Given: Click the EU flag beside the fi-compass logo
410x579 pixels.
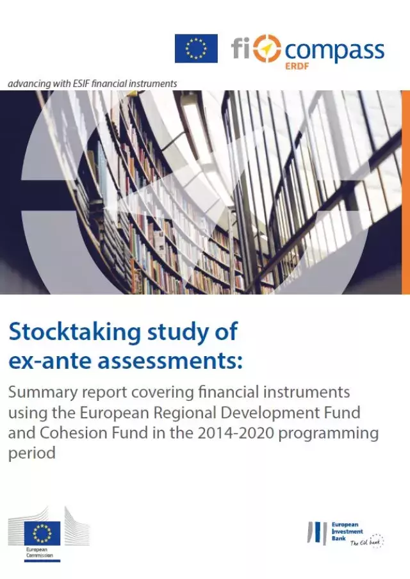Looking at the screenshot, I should [196, 49].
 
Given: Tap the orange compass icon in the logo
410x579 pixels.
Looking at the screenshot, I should [267, 49].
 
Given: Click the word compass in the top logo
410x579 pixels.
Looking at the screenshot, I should [334, 50].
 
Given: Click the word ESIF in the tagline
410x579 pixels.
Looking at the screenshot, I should [88, 83].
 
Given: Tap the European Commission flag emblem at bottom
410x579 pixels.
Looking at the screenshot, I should [42, 532].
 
